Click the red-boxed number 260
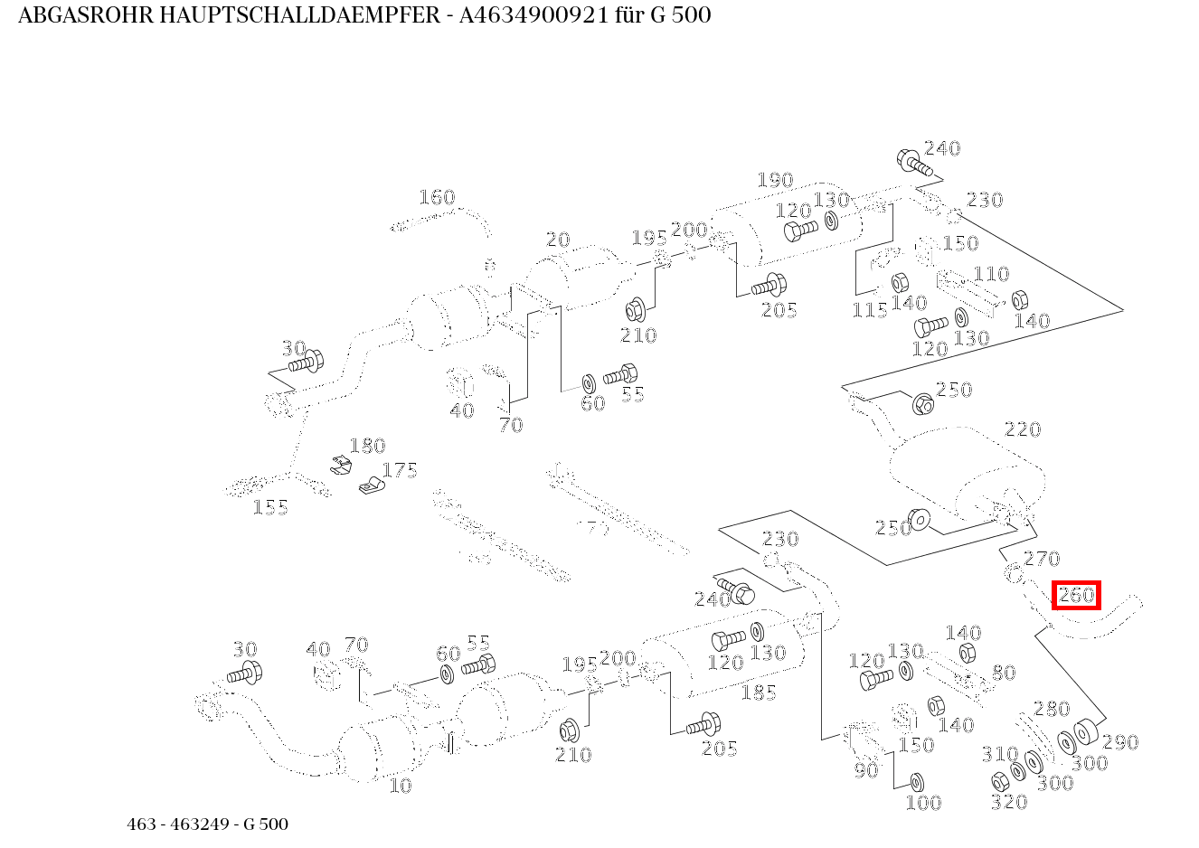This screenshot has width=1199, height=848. pyautogui.click(x=1076, y=595)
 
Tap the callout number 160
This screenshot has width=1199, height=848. pyautogui.click(x=437, y=197)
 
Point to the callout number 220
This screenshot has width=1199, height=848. pyautogui.click(x=1023, y=429)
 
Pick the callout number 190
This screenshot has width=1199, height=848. pyautogui.click(x=775, y=181)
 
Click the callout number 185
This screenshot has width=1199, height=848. pyautogui.click(x=759, y=693)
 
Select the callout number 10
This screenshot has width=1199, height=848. pyautogui.click(x=400, y=786)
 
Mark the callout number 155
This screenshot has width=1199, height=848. pyautogui.click(x=270, y=507)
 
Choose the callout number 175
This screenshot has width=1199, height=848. pyautogui.click(x=400, y=470)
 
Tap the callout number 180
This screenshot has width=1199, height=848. pyautogui.click(x=367, y=446)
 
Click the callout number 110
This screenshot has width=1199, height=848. pyautogui.click(x=991, y=274)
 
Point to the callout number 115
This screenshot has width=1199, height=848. pyautogui.click(x=870, y=310)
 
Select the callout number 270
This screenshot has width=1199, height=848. pyautogui.click(x=1042, y=559)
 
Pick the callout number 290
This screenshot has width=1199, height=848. pyautogui.click(x=1120, y=742)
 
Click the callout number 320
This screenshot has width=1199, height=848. pyautogui.click(x=1009, y=802)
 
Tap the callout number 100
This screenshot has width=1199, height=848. pyautogui.click(x=923, y=802)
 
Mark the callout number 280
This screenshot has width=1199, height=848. pyautogui.click(x=1052, y=709)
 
